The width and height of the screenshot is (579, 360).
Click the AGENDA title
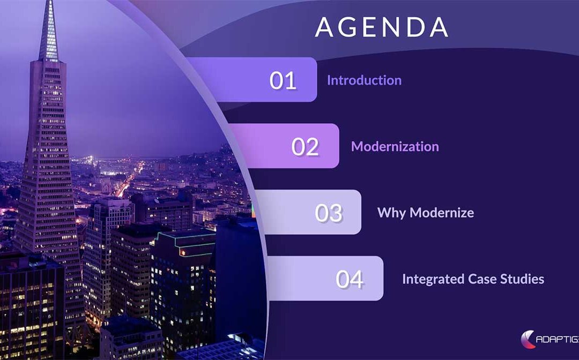[x=382, y=27]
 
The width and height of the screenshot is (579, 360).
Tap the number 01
[x=283, y=80]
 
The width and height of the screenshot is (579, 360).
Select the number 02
[x=305, y=146]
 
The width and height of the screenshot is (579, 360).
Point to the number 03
[x=329, y=213]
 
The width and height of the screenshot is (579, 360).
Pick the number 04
[x=350, y=279]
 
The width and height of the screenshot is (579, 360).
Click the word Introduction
[x=364, y=80]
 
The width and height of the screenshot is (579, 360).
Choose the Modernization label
[x=395, y=146]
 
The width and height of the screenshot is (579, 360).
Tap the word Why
[x=392, y=213]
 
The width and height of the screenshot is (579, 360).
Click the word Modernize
[x=442, y=213]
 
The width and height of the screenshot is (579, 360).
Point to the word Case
[x=482, y=279]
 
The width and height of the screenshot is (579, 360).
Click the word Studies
[x=522, y=279]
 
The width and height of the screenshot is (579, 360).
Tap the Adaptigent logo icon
[x=528, y=339]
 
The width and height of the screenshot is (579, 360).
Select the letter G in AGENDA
[x=347, y=27]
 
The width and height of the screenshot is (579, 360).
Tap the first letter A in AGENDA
[x=324, y=27]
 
